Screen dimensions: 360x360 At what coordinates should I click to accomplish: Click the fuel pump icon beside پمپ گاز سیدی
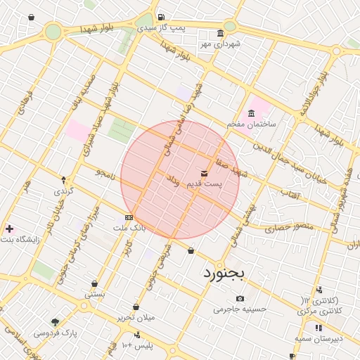coord(161,17)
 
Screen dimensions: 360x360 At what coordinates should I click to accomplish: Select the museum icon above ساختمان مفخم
coord(251,114)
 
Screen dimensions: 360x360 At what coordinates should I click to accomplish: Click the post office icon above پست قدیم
coord(204,173)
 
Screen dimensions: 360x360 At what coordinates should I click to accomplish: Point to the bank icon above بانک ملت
coord(128,218)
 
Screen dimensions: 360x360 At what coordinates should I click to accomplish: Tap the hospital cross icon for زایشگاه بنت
coord(8,229)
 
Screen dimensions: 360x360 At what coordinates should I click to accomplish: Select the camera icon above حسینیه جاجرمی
coord(240,298)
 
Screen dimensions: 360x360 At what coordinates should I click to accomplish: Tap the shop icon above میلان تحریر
coord(136,307)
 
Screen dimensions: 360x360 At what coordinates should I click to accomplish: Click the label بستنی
coord(95,295)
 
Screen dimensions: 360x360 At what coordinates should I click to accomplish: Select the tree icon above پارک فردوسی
coord(55,322)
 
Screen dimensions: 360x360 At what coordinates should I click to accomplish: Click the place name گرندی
coord(63,191)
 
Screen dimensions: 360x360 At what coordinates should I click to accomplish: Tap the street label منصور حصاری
coord(286,229)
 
